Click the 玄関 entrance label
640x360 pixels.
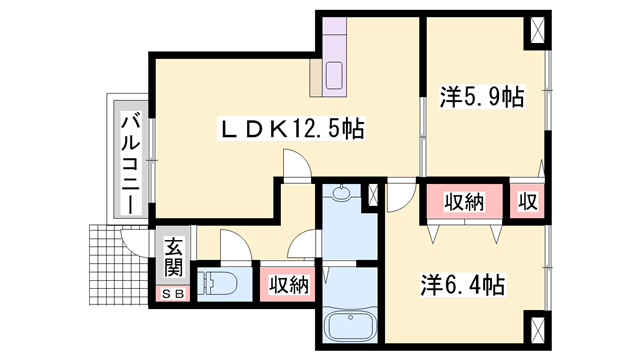[x=173, y=257]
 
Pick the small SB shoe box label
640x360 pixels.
[x=173, y=294]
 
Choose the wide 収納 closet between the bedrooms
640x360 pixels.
[x=465, y=201]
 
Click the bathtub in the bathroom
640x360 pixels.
[x=350, y=325]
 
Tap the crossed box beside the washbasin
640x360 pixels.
[x=375, y=195]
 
